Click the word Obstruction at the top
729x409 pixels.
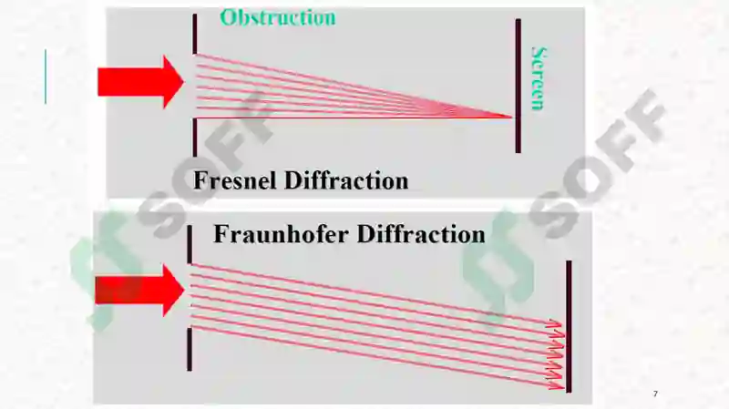click(278, 17)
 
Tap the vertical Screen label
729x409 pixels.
click(538, 78)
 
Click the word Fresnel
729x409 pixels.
click(236, 180)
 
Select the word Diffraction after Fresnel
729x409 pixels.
click(346, 180)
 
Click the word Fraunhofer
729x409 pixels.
click(282, 234)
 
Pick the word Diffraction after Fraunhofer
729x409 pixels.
click(421, 234)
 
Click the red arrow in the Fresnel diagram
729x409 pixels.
click(141, 82)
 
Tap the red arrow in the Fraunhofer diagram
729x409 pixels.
click(140, 290)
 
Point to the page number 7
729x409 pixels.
click(655, 394)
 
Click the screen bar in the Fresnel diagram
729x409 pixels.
click(519, 86)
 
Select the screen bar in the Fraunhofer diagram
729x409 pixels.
click(569, 327)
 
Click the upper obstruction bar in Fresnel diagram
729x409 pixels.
click(195, 34)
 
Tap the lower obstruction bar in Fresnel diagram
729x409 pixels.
click(195, 138)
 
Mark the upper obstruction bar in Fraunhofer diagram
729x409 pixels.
click(190, 244)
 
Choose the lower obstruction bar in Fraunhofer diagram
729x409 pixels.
click(190, 350)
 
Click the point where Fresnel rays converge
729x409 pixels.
click(511, 118)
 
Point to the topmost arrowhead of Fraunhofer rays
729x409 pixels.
click(556, 323)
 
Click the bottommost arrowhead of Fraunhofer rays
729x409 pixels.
click(557, 385)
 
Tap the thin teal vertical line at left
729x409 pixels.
click(45, 77)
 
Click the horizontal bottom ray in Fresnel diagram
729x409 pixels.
click(354, 118)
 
